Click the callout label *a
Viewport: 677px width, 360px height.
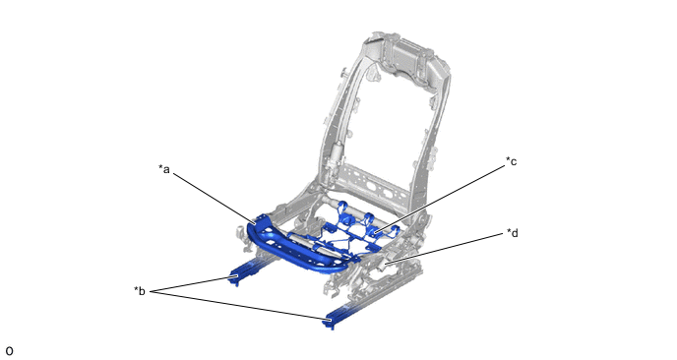164,169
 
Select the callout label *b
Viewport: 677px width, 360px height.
140,291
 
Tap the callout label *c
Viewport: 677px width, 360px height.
512,161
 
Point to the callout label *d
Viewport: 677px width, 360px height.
513,233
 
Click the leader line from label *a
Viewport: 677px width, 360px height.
215,199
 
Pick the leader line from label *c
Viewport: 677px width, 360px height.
440,200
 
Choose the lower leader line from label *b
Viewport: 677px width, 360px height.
241,306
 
